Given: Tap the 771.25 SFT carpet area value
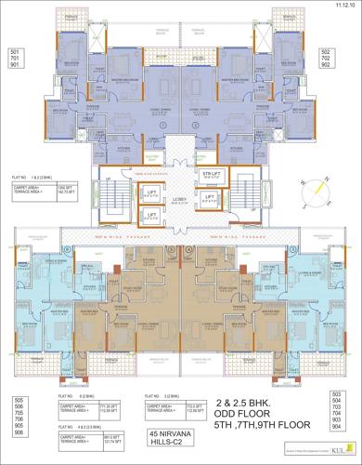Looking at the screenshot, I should coord(110,405).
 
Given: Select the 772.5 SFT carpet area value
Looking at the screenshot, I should coord(193,405).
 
